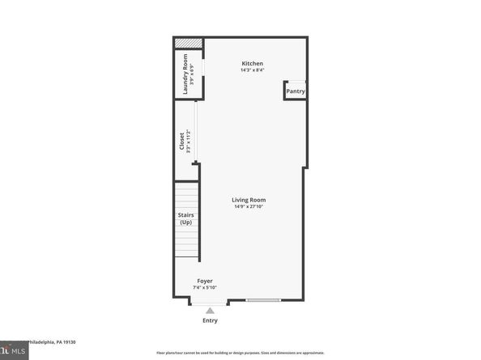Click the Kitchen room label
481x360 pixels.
253,64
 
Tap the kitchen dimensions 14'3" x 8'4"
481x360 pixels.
253,70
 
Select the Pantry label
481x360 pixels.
296,91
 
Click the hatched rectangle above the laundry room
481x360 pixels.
188,43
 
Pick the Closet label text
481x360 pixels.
182,142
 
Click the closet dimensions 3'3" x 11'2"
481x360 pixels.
189,142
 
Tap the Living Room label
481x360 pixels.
249,200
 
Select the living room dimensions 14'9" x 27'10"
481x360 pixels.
249,207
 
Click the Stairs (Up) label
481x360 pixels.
185,218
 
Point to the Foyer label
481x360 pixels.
204,280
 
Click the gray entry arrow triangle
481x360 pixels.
211,310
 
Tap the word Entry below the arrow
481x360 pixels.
211,321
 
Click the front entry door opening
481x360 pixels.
210,302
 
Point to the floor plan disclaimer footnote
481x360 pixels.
240,354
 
